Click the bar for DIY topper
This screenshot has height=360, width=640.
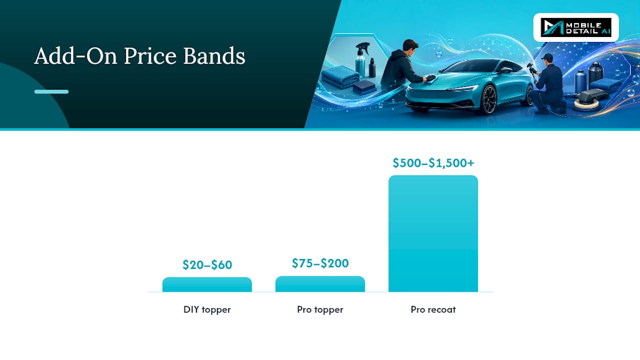(207, 284)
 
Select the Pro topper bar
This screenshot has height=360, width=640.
(320, 284)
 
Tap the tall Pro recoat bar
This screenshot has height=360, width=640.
(433, 233)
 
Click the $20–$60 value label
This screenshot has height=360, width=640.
(207, 265)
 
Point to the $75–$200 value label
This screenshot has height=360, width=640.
(320, 263)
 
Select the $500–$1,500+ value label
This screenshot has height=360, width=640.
(433, 163)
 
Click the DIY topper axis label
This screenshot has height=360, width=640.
(207, 309)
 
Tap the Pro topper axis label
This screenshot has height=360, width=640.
(320, 309)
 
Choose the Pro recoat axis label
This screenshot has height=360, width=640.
(433, 309)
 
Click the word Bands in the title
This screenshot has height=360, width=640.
(214, 56)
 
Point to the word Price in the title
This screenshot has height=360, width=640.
(150, 56)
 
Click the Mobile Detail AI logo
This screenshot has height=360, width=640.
(576, 27)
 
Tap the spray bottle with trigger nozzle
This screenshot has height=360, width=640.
(361, 59)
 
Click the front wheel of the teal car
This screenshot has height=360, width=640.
(489, 100)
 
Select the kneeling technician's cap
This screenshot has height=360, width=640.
(547, 56)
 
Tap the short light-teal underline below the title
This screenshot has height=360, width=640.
(51, 91)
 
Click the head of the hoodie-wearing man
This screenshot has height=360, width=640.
(410, 47)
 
